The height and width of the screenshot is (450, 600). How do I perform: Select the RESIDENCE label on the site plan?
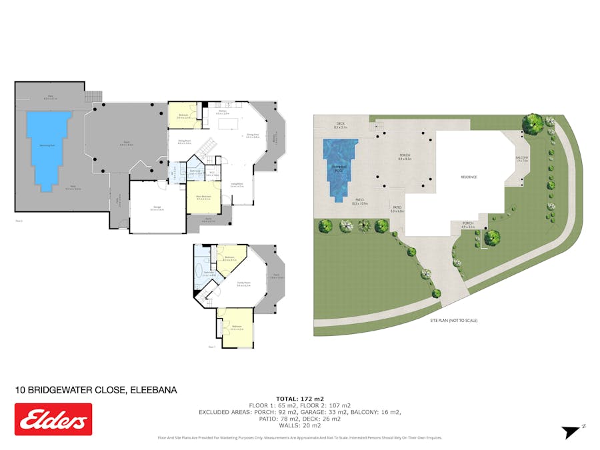pyautogui.click(x=470, y=177)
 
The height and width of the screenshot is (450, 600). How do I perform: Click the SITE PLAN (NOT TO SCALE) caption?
pyautogui.click(x=453, y=321)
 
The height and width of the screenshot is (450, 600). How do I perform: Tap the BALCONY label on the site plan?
pyautogui.click(x=521, y=159)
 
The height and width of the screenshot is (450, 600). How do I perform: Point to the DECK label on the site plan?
pyautogui.click(x=340, y=123)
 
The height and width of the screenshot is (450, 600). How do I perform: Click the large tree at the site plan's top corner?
pyautogui.click(x=533, y=123)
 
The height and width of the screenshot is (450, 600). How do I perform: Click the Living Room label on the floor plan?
pyautogui.click(x=237, y=185)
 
